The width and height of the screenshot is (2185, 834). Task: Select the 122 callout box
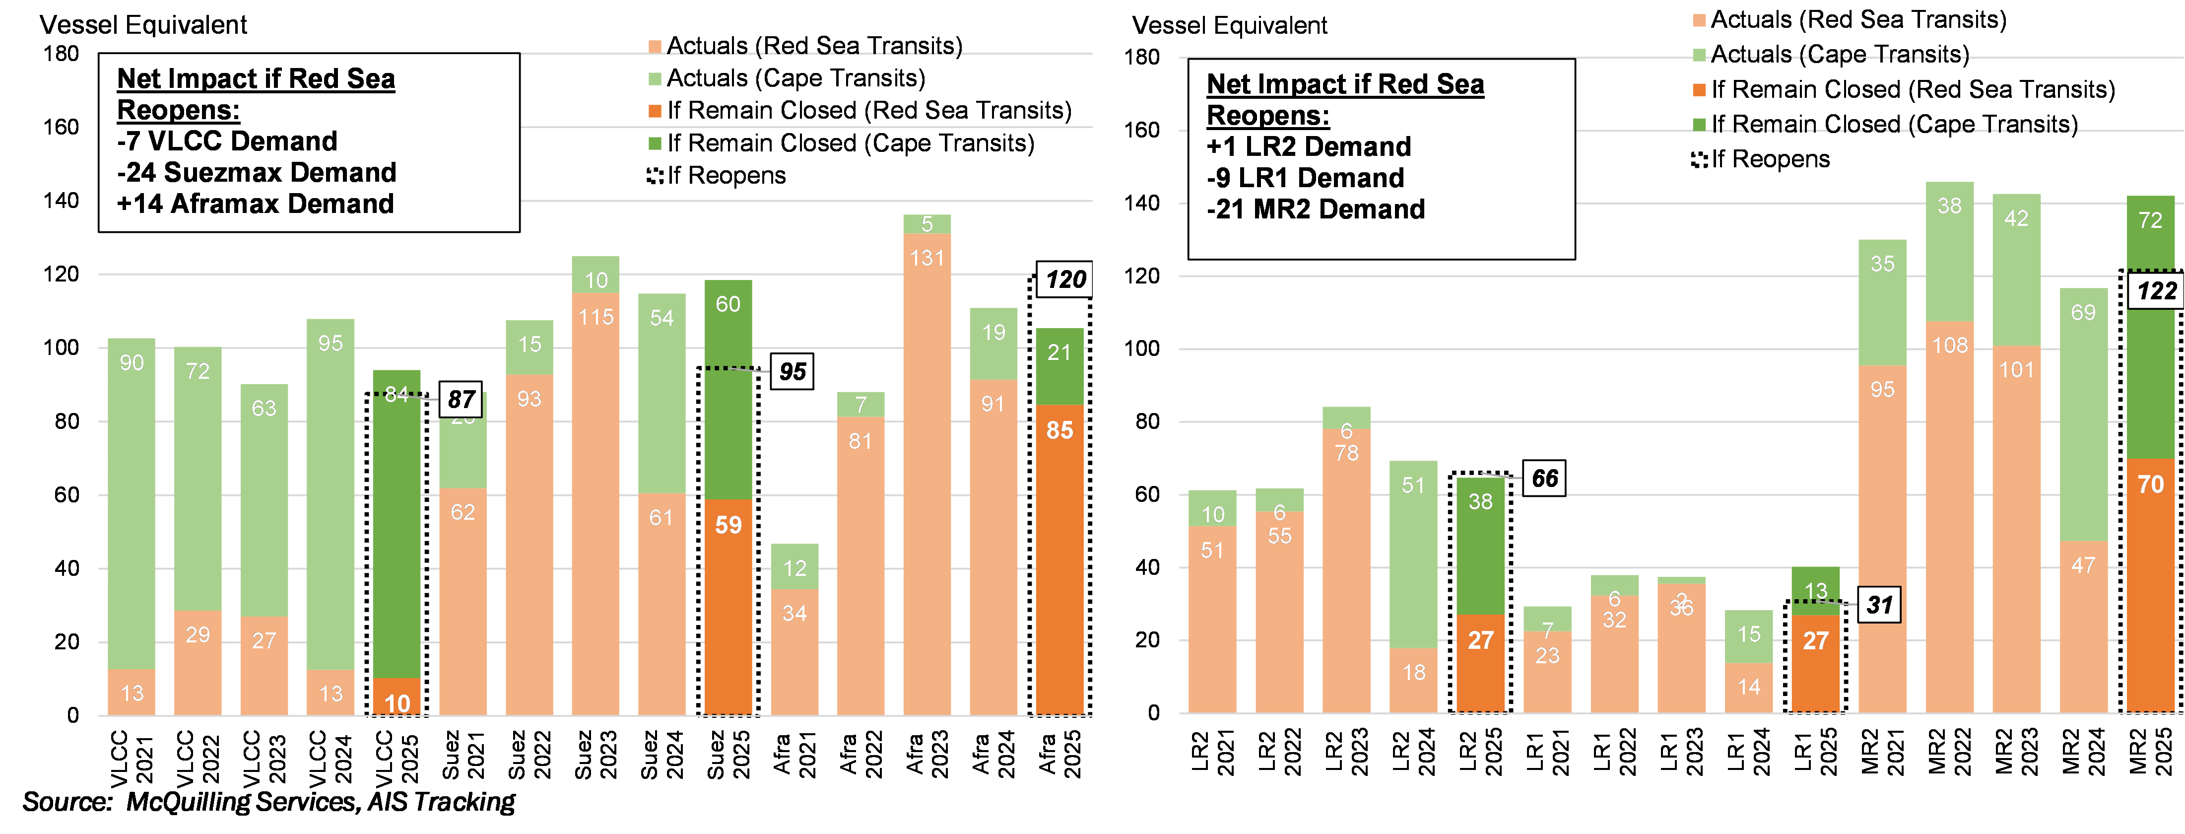2155,291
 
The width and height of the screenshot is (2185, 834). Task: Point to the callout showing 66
1544,479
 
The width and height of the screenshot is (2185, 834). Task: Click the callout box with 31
1879,605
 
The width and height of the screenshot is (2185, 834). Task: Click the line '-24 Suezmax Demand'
256,172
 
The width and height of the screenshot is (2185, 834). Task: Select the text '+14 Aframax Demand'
255,204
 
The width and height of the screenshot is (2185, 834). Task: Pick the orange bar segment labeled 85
1059,560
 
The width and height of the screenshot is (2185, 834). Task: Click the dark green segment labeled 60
728,390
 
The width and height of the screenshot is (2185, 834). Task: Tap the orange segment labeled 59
728,607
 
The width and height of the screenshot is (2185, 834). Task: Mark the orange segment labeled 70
2150,585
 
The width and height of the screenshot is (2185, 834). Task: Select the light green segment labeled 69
2083,416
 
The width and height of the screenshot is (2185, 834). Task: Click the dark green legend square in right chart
1699,125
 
